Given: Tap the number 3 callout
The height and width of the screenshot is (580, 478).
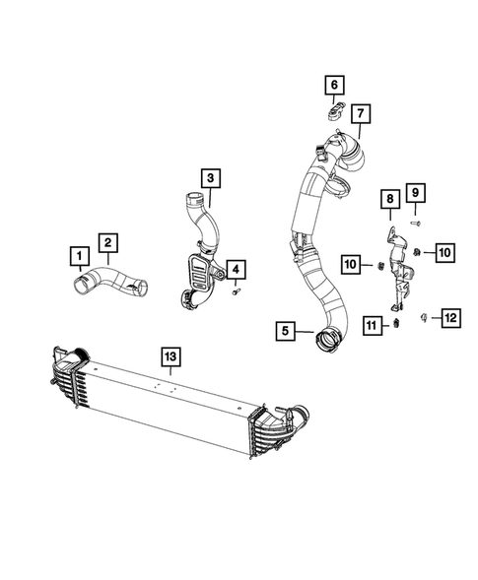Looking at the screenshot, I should pyautogui.click(x=210, y=178).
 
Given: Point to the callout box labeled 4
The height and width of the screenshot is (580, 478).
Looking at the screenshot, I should pyautogui.click(x=237, y=269).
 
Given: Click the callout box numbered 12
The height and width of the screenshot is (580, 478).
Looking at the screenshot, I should pyautogui.click(x=449, y=317).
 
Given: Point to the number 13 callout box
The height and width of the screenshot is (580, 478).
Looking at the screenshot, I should pyautogui.click(x=171, y=357).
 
